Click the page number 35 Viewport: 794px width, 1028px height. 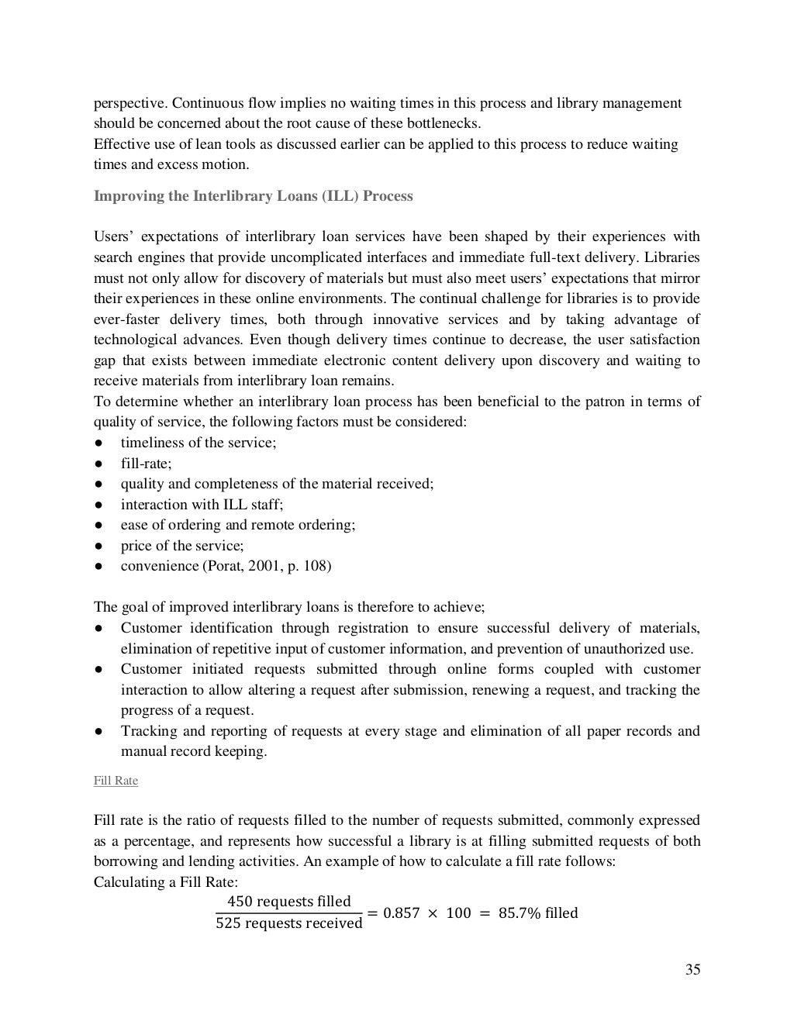(x=692, y=970)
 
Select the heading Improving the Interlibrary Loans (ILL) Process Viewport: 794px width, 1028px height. (x=253, y=196)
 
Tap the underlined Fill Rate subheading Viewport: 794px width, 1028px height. (x=116, y=781)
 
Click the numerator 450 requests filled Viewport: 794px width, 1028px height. (x=288, y=902)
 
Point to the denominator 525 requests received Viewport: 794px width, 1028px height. (x=288, y=924)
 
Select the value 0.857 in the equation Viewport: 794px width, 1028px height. (x=402, y=913)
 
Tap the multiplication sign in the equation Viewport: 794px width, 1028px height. (x=432, y=913)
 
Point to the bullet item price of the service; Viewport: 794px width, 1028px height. (x=181, y=546)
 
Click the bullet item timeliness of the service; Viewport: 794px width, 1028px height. (x=198, y=443)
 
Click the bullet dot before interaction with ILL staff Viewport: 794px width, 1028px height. (x=99, y=505)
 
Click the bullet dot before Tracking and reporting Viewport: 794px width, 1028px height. (x=99, y=731)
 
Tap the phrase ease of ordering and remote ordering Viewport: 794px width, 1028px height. (x=237, y=525)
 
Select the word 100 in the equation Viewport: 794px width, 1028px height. (x=458, y=913)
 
